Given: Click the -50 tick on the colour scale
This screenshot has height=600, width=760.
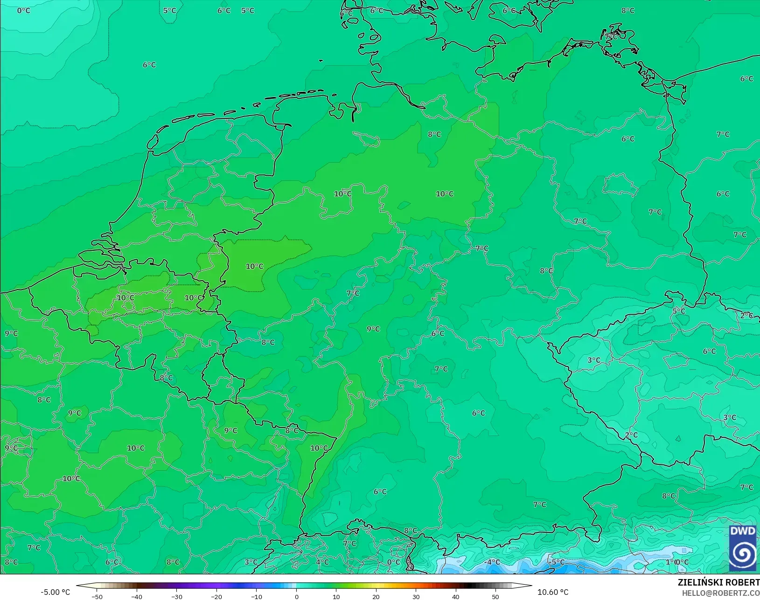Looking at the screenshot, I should tap(97, 596).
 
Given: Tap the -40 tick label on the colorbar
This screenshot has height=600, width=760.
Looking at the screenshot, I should tap(137, 596).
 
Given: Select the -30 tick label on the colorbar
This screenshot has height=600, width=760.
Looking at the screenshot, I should tap(176, 596).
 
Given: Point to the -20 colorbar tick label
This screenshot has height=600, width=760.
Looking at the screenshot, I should tap(216, 596).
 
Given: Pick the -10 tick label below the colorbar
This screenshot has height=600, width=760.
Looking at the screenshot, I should tap(256, 596).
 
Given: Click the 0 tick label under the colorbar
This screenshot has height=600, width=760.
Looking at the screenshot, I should tap(297, 596).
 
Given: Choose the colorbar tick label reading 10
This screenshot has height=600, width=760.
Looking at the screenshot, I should tap(336, 596).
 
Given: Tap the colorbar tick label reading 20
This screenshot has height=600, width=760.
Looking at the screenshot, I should tap(376, 596).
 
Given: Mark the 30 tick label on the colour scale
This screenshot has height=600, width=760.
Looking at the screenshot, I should tap(416, 596).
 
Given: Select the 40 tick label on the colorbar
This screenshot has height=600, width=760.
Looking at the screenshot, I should tap(456, 596).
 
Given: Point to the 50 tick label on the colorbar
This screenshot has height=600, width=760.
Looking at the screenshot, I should tap(495, 596).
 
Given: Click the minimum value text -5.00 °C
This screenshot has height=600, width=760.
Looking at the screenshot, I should tap(55, 592).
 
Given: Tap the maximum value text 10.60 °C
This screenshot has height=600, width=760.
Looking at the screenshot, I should tap(553, 592).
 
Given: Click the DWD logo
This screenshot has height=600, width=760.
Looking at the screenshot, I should tap(743, 548).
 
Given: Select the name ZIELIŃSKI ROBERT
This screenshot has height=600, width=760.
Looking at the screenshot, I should tap(718, 583).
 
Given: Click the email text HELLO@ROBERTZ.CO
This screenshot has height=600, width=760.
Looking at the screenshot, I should tap(721, 593).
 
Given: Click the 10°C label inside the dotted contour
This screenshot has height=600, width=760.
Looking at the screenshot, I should tap(255, 266).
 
